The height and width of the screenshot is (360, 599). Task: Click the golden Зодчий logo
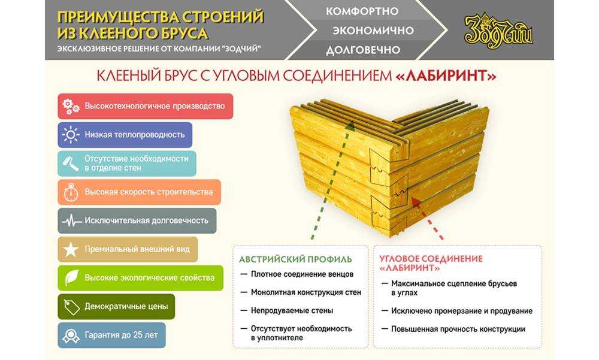click(x=498, y=31)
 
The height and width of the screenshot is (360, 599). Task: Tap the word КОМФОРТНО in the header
click(x=362, y=11)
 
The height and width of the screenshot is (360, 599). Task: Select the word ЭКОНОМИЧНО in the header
click(x=373, y=31)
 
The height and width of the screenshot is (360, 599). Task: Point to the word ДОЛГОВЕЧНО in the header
click(x=362, y=50)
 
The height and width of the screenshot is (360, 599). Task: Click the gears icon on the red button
click(x=71, y=106)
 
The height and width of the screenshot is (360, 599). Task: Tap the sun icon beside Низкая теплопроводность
click(x=71, y=135)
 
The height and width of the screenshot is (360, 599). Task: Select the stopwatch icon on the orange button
click(x=71, y=192)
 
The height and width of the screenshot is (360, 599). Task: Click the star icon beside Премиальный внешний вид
click(x=71, y=250)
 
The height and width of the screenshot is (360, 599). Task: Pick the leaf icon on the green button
click(x=71, y=278)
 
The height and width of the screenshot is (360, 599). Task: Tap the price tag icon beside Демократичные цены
click(x=71, y=307)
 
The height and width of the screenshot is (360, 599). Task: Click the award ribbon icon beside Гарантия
click(x=71, y=335)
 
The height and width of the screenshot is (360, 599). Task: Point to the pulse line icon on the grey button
click(x=71, y=220)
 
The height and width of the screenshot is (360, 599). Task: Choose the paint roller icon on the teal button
click(x=71, y=163)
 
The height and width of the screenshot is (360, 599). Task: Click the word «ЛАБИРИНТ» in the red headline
click(x=446, y=75)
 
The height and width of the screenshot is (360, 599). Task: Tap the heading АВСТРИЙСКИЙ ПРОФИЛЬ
click(x=295, y=259)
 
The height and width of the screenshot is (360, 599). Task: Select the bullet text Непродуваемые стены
click(x=292, y=311)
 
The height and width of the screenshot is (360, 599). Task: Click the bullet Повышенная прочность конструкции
click(x=458, y=329)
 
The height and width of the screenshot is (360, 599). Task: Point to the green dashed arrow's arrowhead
click(x=349, y=126)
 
